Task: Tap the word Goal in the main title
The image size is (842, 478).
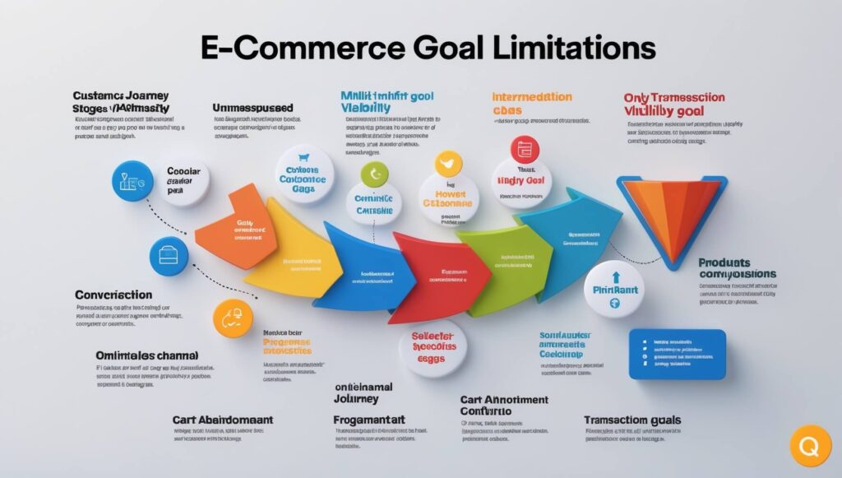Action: pyautogui.click(x=431, y=47)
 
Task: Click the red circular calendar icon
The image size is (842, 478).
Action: pyautogui.click(x=524, y=149)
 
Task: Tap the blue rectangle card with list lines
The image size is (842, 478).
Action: pyautogui.click(x=676, y=354)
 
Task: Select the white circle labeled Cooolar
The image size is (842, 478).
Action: pyautogui.click(x=182, y=181)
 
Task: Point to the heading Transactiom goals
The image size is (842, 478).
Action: pyautogui.click(x=631, y=420)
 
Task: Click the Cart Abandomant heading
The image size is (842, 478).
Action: pyautogui.click(x=223, y=420)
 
